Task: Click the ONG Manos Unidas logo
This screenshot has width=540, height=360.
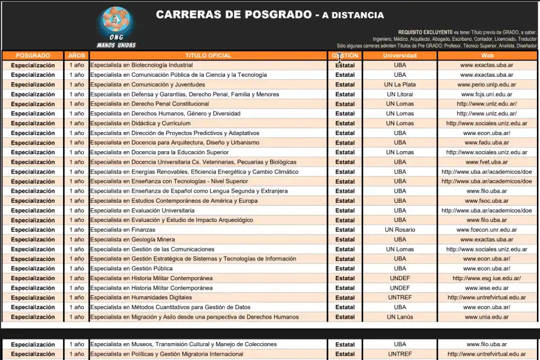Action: pos(116,27)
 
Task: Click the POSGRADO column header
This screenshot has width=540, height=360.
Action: pos(33,56)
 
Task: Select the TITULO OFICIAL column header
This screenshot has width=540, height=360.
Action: pos(208,56)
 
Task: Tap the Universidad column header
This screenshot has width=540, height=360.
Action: pos(400,56)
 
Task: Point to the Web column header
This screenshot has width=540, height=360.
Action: pos(487,56)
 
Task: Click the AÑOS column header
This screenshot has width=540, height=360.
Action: pos(76,56)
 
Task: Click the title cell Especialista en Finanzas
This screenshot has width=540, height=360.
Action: pos(123,230)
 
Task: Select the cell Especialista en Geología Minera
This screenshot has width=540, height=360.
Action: pos(133,239)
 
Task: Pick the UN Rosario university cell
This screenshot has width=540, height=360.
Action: pos(400,230)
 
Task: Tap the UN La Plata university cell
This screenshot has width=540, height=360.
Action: pos(400,85)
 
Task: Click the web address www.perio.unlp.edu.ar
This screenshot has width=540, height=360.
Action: pos(487,85)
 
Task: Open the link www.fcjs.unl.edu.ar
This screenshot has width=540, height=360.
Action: pos(487,94)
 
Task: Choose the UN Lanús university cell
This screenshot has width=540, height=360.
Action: pos(400,317)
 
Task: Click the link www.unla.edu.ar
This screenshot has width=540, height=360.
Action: pos(487,317)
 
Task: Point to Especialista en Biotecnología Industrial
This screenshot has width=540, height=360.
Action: pos(142,65)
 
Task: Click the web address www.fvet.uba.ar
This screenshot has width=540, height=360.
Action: pos(487,162)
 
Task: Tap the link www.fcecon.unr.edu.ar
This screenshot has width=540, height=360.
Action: pos(487,230)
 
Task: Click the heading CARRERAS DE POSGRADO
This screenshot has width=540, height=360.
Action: pos(233,15)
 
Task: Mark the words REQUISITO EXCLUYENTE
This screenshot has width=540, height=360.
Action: pos(425,32)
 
